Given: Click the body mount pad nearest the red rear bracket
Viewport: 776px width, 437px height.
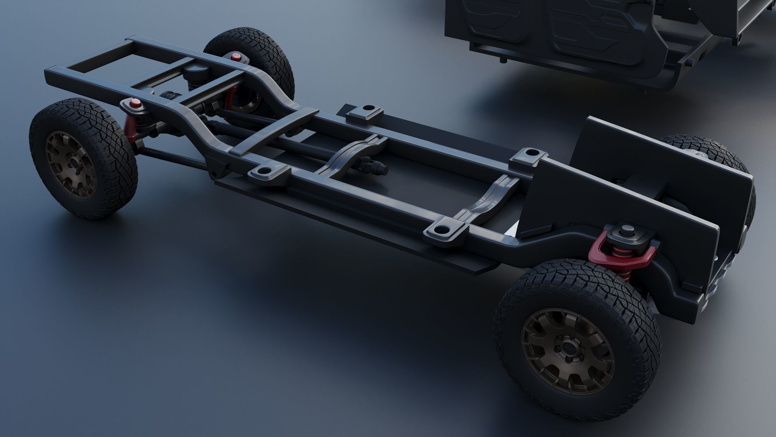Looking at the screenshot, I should (x=443, y=232).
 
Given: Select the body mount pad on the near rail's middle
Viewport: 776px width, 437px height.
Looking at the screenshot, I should (x=266, y=173).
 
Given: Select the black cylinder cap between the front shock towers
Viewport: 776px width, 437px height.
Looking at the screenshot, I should (x=194, y=73).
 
